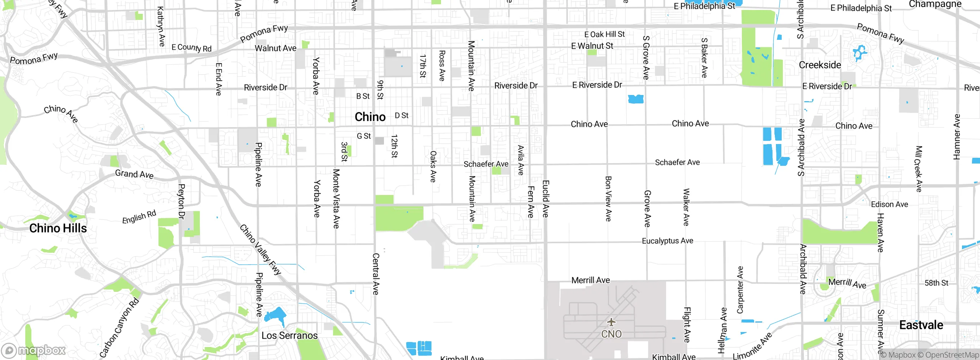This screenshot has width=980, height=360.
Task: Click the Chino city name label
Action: coord(370,117)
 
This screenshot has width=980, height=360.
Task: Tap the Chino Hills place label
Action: coord(58,228)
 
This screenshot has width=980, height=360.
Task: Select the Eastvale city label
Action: coord(921,325)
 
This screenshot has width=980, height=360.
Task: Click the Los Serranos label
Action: coord(289,335)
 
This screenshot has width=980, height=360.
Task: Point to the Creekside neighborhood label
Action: coord(820,65)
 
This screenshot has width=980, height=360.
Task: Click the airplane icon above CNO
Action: coord(611,322)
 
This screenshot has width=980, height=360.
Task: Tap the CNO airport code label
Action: coord(611,334)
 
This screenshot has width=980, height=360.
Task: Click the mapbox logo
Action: coord(34,350)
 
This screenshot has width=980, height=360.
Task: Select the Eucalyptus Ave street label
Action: coord(667,241)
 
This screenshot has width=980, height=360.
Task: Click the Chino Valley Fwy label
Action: coord(260,249)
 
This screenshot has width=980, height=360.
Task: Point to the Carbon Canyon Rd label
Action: coord(119,328)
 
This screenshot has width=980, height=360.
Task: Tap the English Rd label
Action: coord(139,217)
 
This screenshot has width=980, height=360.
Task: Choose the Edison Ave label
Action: coord(889,205)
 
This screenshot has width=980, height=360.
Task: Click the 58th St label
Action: coord(936,283)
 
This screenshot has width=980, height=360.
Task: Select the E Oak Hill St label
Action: coord(604,34)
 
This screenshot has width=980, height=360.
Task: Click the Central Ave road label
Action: coord(376,274)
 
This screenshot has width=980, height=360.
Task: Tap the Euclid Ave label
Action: coord(546,199)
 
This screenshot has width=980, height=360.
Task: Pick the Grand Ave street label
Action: coord(134,174)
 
